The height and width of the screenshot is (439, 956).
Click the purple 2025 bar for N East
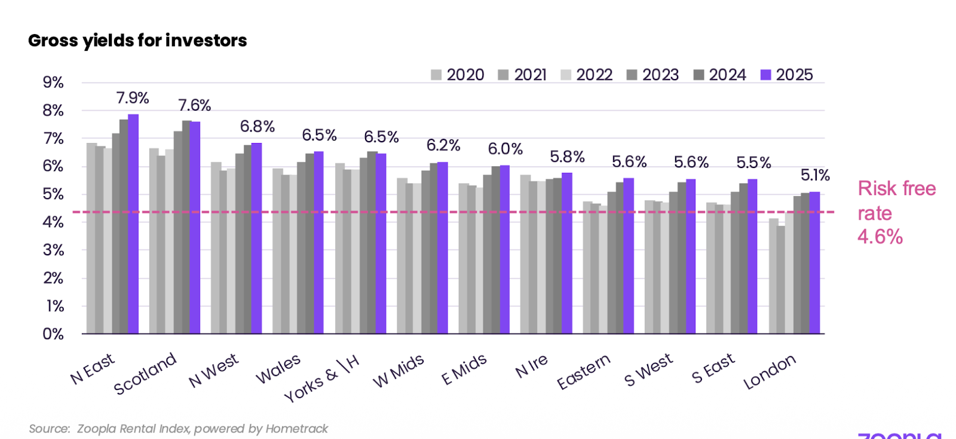point(133,224)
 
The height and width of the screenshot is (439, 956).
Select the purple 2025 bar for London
point(814,263)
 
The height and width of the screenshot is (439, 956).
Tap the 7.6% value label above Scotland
point(195,105)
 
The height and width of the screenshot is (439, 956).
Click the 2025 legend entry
point(787,75)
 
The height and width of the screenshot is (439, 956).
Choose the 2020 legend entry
point(458,75)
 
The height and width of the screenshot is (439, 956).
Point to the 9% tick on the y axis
point(53,83)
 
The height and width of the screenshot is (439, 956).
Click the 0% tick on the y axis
point(53,334)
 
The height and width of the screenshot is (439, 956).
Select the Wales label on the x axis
point(278,370)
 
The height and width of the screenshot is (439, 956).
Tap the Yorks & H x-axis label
point(321,379)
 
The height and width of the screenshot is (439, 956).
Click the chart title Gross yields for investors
point(137,41)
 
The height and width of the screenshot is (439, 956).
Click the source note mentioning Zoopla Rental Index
point(178,429)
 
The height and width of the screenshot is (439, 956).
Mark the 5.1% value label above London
point(815,175)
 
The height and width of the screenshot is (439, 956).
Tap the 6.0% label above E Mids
point(505,149)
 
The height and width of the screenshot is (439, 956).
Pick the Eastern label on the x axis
point(583,371)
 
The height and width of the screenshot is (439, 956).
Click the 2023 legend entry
point(653,75)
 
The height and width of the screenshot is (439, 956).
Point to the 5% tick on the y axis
point(53,194)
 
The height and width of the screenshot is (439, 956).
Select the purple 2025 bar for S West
point(691,257)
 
